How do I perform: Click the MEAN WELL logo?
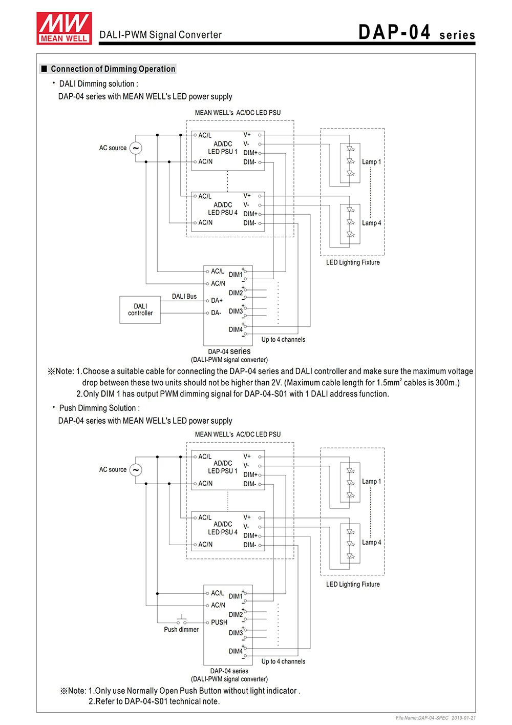64,28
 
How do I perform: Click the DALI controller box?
140,310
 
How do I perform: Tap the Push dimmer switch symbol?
181,620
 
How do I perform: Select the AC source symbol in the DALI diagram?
136,148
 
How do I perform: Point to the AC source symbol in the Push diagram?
136,470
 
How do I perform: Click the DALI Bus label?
184,296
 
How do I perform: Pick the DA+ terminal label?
217,300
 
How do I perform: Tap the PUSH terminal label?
219,622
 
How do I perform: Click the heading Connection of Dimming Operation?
113,69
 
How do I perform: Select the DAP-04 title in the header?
394,32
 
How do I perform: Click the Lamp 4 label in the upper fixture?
371,223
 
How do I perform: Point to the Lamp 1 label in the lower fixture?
371,481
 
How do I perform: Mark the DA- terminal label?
216,313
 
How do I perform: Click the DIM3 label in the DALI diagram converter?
236,311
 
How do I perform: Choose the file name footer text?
436,717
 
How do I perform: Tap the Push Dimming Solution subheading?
99,408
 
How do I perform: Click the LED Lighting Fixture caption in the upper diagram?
353,262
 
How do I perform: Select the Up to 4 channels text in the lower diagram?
283,661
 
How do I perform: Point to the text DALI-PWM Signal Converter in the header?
160,35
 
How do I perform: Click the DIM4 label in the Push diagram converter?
236,651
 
